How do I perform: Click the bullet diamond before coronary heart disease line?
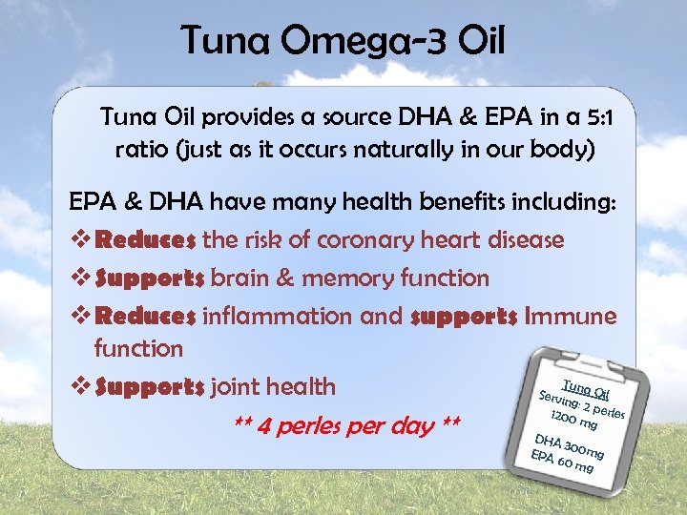[x=79, y=240]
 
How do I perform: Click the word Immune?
[x=569, y=317]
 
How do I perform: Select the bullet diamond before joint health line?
[x=79, y=387]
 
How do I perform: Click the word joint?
[x=239, y=387]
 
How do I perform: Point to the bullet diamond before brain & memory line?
[x=79, y=278]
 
